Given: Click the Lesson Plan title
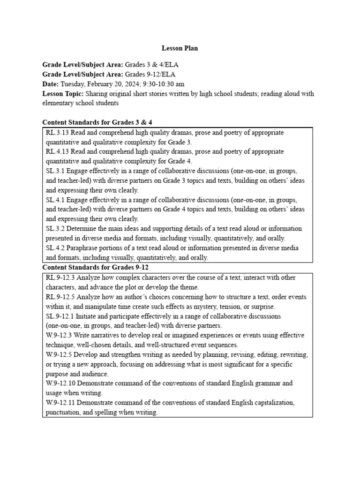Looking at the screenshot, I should [x=180, y=48].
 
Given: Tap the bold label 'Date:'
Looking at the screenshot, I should [x=51, y=84].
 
